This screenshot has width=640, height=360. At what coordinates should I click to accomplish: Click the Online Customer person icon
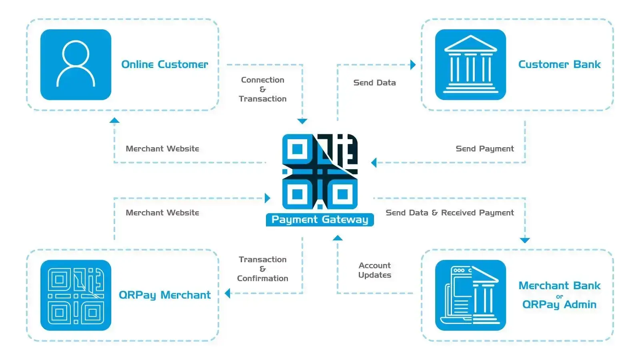point(76,64)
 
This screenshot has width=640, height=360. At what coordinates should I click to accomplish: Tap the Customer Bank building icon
point(470,64)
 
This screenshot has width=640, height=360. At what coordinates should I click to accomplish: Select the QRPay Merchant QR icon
point(76,295)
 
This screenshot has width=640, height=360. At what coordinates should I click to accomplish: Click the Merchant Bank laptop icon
point(470,295)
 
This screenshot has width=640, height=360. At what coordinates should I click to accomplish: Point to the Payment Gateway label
point(320,220)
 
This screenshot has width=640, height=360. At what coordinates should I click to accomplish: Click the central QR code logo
point(320,171)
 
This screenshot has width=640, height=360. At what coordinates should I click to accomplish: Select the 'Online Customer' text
point(164,64)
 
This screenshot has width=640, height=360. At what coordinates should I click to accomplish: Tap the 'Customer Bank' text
point(559,64)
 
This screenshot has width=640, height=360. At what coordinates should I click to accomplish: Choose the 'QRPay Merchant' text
point(164,295)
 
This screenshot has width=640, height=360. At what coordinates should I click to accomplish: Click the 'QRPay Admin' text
point(559,304)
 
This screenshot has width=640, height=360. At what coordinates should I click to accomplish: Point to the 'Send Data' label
point(374,83)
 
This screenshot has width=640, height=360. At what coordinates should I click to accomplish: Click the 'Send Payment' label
point(484,149)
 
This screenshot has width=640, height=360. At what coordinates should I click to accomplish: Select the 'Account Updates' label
point(374,270)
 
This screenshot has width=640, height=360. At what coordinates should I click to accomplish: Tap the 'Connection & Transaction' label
point(262,89)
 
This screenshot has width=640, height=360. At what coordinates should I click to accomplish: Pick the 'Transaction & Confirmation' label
point(262,269)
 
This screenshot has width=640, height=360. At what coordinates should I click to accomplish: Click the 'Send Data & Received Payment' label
point(450,213)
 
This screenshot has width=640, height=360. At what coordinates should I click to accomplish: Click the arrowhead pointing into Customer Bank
point(413,65)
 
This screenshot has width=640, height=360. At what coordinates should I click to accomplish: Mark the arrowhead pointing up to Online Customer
point(114,120)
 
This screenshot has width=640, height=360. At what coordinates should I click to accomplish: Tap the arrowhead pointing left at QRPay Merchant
point(228,294)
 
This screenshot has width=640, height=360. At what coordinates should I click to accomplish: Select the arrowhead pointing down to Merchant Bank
point(525,240)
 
